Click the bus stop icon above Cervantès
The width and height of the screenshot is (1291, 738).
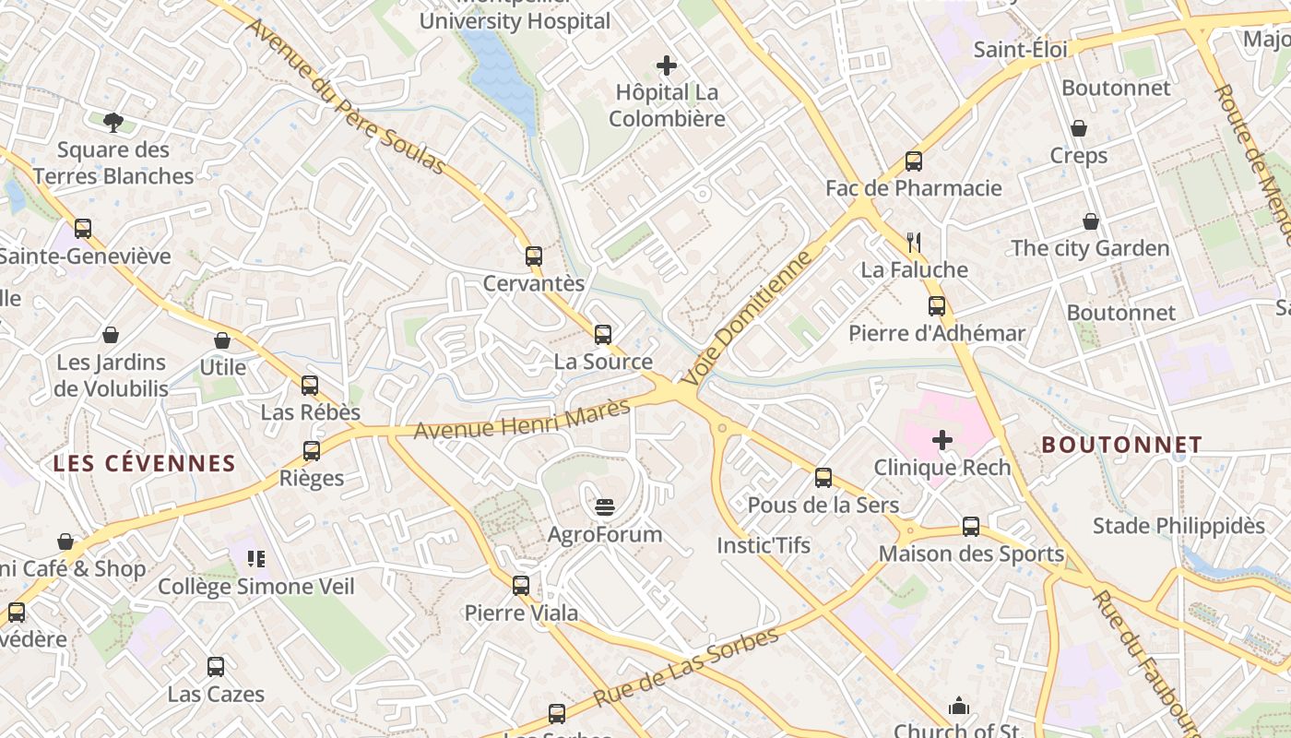pyautogui.click(x=534, y=256)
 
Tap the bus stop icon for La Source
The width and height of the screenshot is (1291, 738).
pyautogui.click(x=603, y=335)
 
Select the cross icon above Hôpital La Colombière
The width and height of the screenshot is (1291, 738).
pyautogui.click(x=666, y=65)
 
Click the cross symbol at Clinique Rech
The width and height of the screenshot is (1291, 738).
pyautogui.click(x=942, y=440)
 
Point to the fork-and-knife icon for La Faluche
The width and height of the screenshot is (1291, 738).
pyautogui.click(x=914, y=243)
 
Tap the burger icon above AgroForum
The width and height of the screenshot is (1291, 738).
pyautogui.click(x=605, y=506)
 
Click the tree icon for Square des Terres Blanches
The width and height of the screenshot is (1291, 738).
pyautogui.click(x=113, y=122)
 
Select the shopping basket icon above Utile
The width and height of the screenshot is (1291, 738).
pyautogui.click(x=222, y=340)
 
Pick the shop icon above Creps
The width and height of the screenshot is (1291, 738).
pyautogui.click(x=1078, y=128)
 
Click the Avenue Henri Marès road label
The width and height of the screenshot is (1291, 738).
pyautogui.click(x=521, y=419)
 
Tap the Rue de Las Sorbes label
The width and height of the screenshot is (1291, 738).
pyautogui.click(x=687, y=666)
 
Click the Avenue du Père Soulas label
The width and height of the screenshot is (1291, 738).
pyautogui.click(x=346, y=95)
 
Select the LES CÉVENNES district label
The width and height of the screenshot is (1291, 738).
pyautogui.click(x=145, y=463)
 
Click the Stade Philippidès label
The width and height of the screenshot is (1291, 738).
pyautogui.click(x=1178, y=526)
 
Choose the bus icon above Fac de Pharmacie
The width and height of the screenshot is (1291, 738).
pyautogui.click(x=914, y=161)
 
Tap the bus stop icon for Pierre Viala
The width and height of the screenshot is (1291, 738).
pyautogui.click(x=521, y=585)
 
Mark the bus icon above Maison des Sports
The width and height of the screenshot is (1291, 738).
pyautogui.click(x=971, y=527)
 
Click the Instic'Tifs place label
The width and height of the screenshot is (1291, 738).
pyautogui.click(x=764, y=545)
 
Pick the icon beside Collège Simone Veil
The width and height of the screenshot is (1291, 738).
pyautogui.click(x=256, y=559)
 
